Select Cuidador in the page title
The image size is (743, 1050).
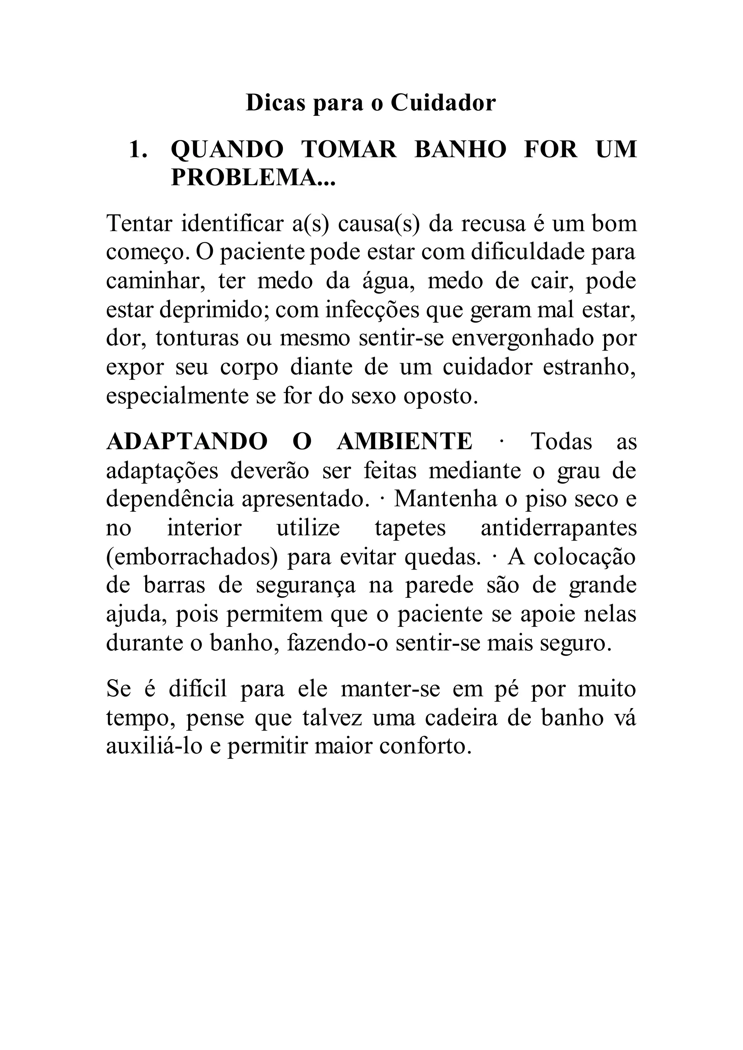(x=443, y=103)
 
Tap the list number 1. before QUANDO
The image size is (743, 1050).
(x=138, y=149)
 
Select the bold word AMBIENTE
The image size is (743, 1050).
(x=405, y=442)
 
